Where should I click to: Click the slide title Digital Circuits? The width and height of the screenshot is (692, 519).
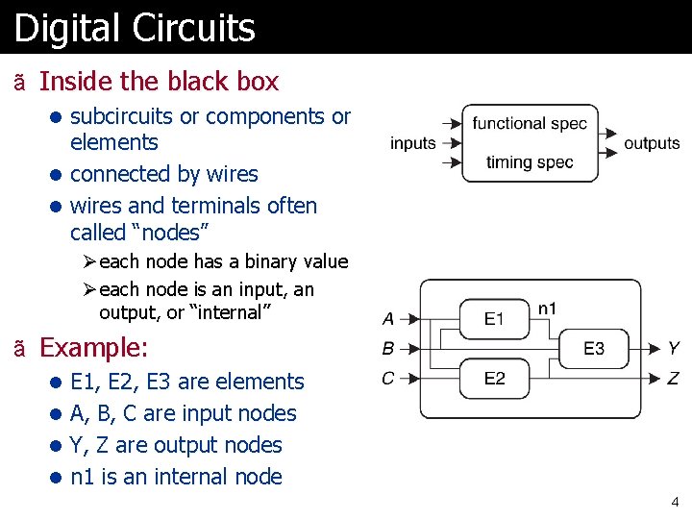tap(135, 28)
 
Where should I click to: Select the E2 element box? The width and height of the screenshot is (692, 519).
tap(494, 378)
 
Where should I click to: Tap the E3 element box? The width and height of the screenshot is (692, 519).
tap(594, 348)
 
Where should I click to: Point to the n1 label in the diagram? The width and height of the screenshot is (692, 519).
tap(547, 309)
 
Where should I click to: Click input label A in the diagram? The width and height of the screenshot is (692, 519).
tap(388, 319)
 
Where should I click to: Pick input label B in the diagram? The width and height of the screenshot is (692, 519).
tap(388, 348)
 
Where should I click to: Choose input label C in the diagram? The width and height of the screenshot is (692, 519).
tap(388, 378)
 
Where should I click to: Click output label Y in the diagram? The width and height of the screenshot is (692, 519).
tap(674, 348)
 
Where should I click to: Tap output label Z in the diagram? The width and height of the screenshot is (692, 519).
tap(674, 379)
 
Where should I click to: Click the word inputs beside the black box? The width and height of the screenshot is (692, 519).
tap(413, 143)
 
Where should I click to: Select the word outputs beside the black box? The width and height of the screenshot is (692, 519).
tap(652, 143)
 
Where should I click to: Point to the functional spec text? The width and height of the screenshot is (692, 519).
tap(530, 124)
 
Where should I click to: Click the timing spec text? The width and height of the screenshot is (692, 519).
tap(530, 161)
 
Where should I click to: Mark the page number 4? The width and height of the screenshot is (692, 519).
tap(675, 502)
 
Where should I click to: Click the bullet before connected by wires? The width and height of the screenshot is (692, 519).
tap(57, 175)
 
